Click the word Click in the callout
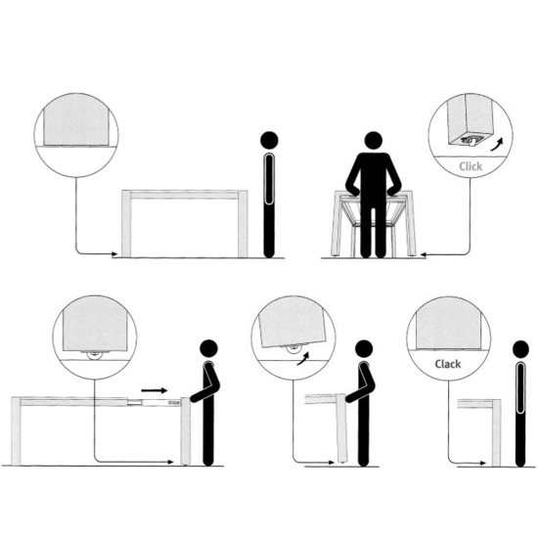point(471,166)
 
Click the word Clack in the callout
point(447,364)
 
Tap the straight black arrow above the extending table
point(154,390)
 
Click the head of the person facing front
point(373,141)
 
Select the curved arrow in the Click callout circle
point(497,145)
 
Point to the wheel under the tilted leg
point(293,348)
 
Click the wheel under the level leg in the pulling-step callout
point(93,355)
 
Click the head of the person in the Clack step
point(520,349)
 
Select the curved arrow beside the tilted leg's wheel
point(302,359)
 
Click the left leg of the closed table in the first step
point(126,223)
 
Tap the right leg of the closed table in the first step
point(243,223)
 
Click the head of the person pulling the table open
point(208,349)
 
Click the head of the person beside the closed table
point(269,140)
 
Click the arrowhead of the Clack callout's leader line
point(483,463)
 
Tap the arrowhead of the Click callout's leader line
point(423,254)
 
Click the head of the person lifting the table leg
point(364,349)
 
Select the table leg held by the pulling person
point(185,431)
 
